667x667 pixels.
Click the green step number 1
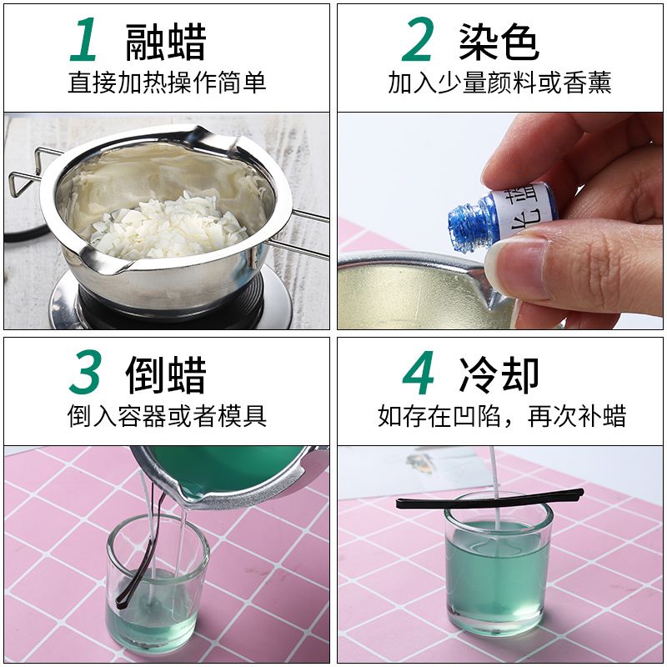84,39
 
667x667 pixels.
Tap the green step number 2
418,39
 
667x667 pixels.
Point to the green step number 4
419,373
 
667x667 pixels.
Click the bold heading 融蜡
166,42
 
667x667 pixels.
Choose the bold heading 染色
499,42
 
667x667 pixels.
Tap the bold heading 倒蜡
166,374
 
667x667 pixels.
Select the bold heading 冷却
499,374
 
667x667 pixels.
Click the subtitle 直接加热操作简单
167,83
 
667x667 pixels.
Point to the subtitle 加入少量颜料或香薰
499,83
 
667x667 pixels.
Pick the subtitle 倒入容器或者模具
167,415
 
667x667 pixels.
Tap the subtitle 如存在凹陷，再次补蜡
502,415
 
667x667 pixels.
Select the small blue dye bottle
502,215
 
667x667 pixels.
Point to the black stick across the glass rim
490,499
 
